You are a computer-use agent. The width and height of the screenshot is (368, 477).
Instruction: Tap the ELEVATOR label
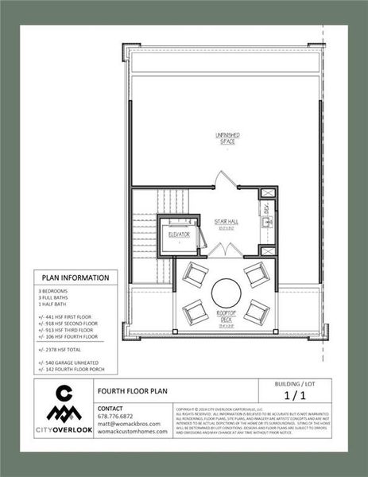pyautogui.click(x=178, y=235)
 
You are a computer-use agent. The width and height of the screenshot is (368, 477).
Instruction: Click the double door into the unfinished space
pyautogui.click(x=226, y=179)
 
